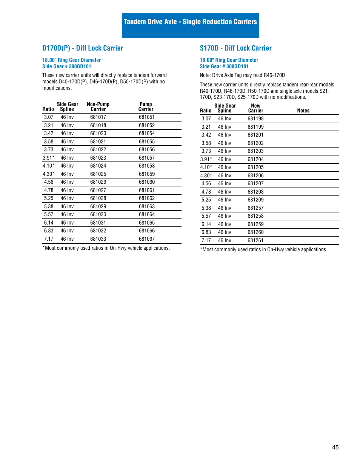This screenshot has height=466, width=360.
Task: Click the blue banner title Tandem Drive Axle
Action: coord(190,22)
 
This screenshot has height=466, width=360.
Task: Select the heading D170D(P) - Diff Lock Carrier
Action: coord(83,48)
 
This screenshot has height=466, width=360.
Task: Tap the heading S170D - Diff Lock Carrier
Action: coord(235,48)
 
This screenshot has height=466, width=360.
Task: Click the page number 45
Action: coord(335,448)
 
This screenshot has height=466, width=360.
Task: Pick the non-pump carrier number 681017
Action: coord(98,117)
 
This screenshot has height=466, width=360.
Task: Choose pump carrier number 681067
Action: coord(147,239)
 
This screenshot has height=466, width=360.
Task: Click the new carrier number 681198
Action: coord(255,119)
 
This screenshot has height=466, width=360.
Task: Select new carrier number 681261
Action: coord(255,241)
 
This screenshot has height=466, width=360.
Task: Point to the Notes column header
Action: coord(303,111)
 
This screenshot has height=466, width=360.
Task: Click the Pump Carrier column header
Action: coord(146,107)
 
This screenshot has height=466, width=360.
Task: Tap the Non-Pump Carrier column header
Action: coord(98,107)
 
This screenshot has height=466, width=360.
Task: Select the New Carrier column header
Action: coord(255,108)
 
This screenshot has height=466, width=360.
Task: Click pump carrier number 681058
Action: coord(147,166)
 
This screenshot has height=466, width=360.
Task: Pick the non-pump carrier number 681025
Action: coord(98,174)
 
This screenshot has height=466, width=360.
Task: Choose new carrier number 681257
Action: coord(255,208)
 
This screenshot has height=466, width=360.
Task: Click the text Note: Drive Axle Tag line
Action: coord(242,75)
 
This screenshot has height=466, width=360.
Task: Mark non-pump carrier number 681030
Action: coord(98,215)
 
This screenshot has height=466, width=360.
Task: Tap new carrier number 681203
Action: coord(255,151)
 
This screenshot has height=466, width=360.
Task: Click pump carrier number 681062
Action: coord(147,198)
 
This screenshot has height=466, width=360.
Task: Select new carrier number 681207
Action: coord(255,184)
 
